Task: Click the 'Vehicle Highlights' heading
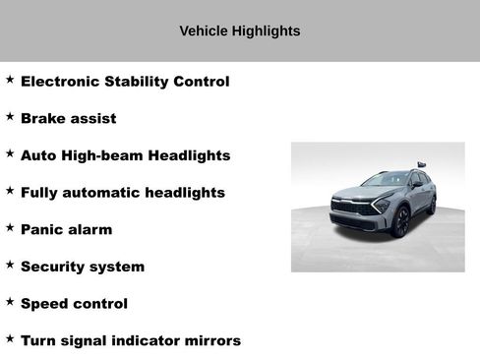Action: click(239, 30)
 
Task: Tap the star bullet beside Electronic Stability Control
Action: click(10, 79)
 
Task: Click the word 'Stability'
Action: click(135, 82)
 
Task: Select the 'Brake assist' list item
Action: click(68, 118)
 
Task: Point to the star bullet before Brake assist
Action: click(10, 116)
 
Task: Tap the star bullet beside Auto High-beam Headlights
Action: click(10, 153)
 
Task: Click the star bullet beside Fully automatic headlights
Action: click(10, 190)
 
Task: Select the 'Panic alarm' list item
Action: click(66, 229)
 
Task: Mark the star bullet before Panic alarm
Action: click(10, 227)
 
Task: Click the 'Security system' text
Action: click(83, 267)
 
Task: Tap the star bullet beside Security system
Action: click(10, 264)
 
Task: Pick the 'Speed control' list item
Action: click(74, 304)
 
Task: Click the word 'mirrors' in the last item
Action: click(210, 340)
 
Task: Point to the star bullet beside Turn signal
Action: click(10, 338)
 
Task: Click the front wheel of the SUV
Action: click(401, 223)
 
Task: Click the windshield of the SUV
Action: click(386, 180)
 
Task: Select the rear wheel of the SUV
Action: click(431, 205)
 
